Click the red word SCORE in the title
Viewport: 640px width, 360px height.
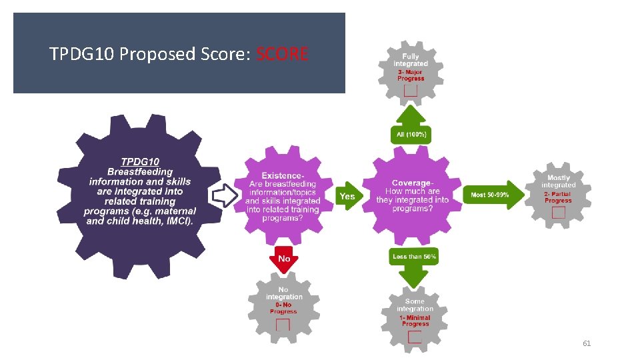281,54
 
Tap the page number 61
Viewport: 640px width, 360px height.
587,343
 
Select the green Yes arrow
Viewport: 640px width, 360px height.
347,196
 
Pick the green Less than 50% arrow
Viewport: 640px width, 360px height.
415,264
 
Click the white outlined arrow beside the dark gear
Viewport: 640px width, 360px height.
225,195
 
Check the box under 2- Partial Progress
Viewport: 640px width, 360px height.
558,212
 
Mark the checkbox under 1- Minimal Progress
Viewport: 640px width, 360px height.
415,337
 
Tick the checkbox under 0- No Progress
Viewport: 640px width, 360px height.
283,325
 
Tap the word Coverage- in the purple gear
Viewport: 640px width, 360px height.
412,183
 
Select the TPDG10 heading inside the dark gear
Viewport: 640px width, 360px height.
140,161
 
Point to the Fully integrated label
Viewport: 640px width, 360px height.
411,59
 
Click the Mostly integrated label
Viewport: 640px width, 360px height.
558,181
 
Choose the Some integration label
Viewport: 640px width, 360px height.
415,305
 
